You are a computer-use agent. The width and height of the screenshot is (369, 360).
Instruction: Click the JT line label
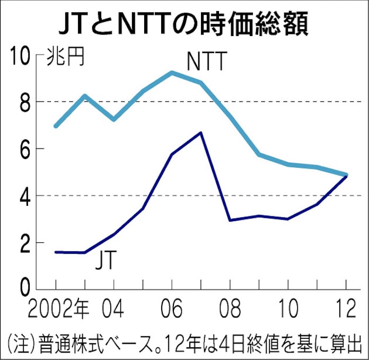tap(106, 260)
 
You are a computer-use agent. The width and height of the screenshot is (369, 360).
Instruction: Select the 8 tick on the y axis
tap(24, 102)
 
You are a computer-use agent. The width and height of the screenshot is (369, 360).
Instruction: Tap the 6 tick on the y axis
tap(24, 149)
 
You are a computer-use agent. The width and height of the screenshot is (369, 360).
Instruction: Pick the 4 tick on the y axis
tap(24, 196)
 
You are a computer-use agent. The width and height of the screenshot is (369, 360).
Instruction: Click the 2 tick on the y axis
tap(24, 243)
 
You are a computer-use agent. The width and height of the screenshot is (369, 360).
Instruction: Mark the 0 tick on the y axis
tap(24, 289)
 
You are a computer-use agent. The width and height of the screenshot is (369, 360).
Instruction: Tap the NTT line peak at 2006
tap(172, 73)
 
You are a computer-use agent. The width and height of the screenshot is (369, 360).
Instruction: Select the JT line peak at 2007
tap(200, 133)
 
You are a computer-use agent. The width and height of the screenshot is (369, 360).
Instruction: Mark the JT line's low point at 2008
tap(230, 219)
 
